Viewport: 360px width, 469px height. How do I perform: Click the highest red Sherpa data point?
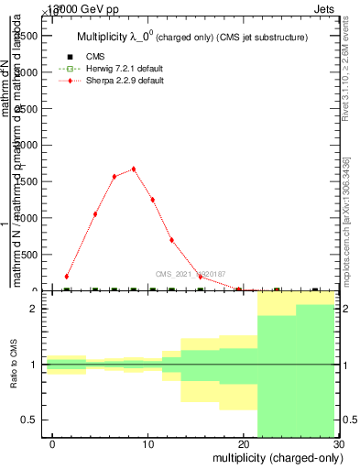134,169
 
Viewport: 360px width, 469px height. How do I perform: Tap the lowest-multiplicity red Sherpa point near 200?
67,276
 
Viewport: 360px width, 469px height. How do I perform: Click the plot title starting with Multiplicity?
191,37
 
